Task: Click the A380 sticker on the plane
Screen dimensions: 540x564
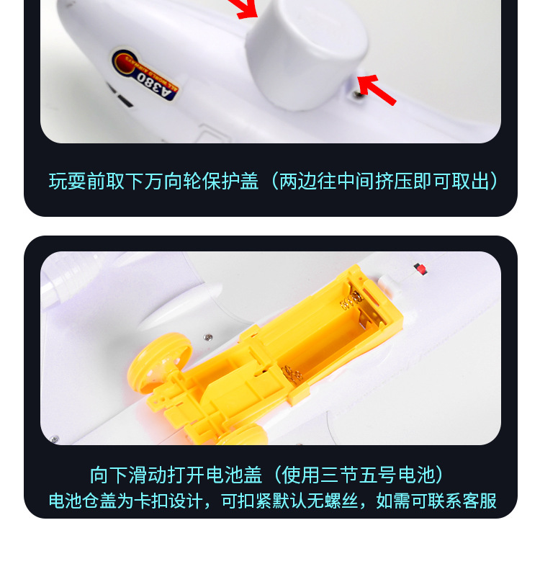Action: click(145, 74)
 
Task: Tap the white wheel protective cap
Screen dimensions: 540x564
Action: click(306, 54)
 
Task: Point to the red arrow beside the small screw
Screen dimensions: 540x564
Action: click(377, 89)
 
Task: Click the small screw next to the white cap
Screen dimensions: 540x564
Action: click(357, 94)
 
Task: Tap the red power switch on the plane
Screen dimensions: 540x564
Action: click(420, 269)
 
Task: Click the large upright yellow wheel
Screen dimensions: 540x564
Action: click(158, 363)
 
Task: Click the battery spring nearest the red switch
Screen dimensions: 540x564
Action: click(351, 300)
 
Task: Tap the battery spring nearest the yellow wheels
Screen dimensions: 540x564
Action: click(292, 373)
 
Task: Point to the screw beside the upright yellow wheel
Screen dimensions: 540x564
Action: click(208, 337)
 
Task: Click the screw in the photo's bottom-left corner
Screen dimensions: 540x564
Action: click(54, 439)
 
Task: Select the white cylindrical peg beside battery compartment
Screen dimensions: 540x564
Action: click(390, 285)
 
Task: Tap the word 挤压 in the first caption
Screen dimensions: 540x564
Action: click(394, 181)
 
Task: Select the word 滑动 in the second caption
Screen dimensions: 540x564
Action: click(148, 475)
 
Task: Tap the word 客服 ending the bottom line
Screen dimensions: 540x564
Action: click(480, 501)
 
